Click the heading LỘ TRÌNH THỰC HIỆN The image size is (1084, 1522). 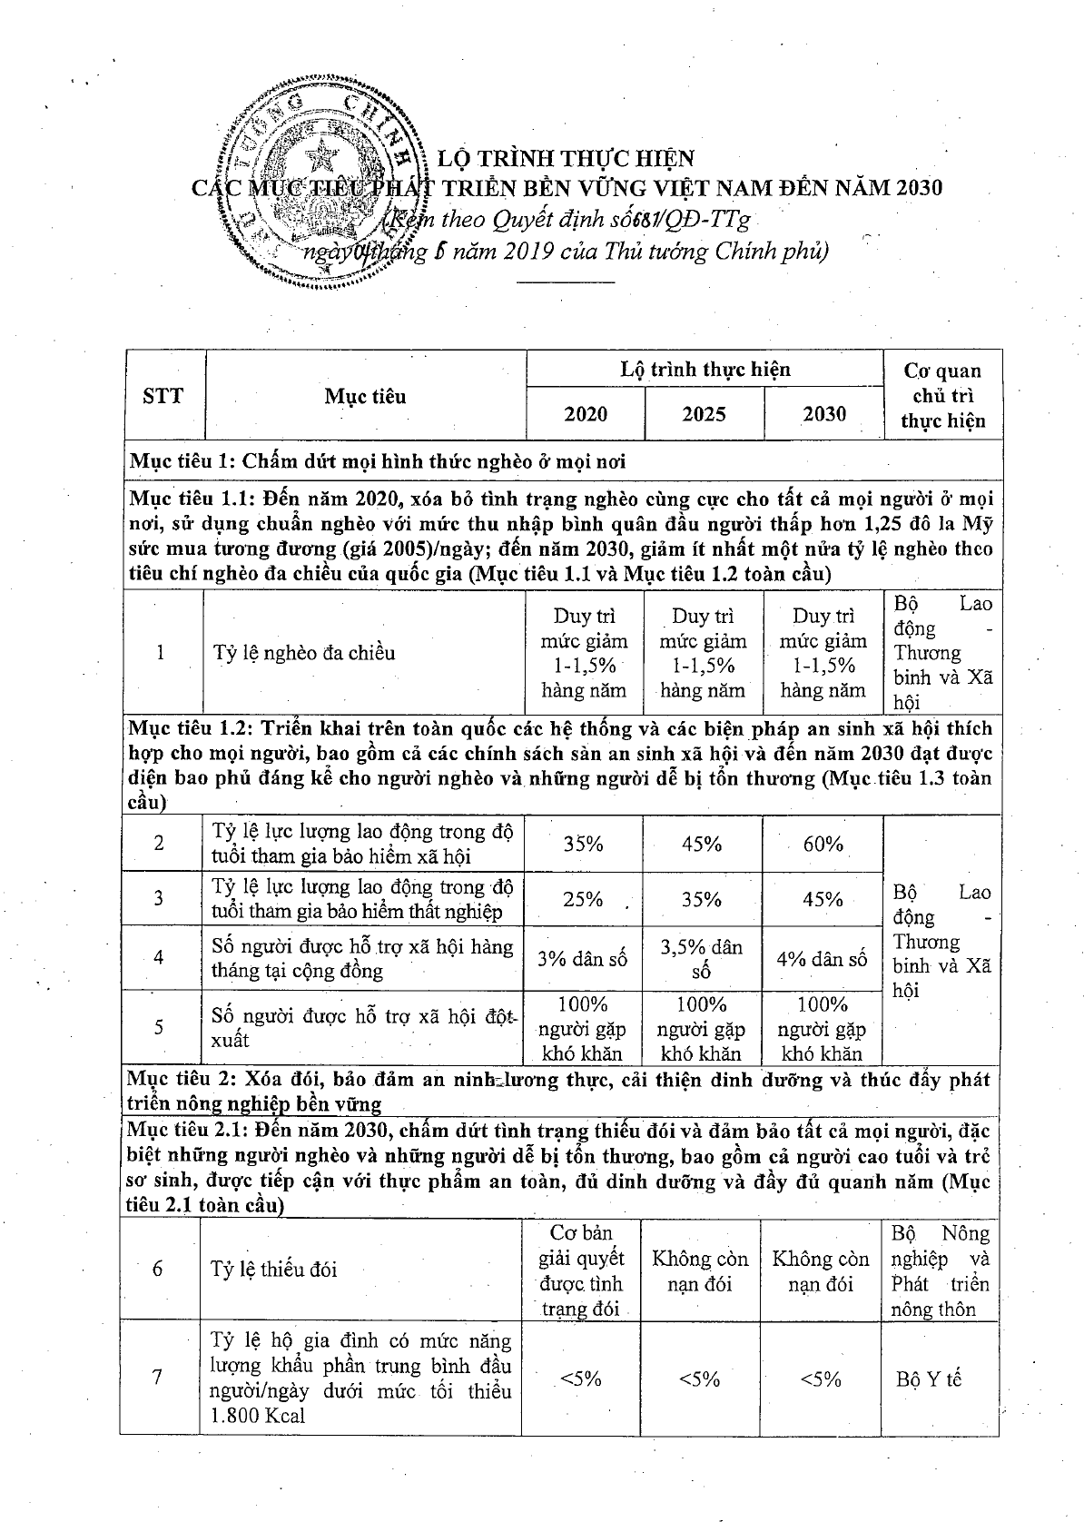click(566, 159)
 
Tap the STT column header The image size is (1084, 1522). click(163, 396)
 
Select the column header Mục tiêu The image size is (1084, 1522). click(365, 397)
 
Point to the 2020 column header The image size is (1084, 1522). click(586, 415)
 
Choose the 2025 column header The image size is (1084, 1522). click(704, 415)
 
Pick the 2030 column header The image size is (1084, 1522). click(823, 414)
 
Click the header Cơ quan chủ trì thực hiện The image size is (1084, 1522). click(942, 396)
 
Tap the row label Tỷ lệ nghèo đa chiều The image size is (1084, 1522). click(304, 653)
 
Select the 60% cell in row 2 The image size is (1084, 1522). click(823, 844)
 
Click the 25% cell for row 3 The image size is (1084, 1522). click(583, 899)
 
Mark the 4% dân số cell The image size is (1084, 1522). click(822, 959)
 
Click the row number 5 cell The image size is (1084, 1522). click(159, 1027)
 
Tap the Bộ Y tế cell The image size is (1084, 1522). click(928, 1379)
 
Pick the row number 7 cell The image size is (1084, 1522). click(157, 1378)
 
